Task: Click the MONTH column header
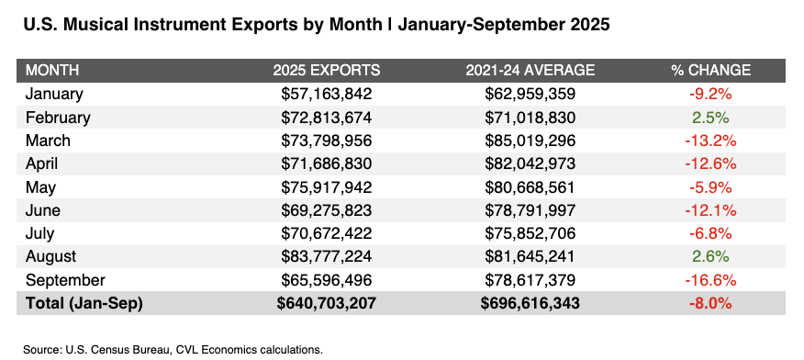tap(51, 71)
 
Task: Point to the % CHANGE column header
tap(711, 71)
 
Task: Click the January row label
tap(54, 94)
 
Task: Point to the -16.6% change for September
tap(711, 280)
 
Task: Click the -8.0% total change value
tap(711, 304)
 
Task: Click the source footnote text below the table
tap(173, 349)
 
